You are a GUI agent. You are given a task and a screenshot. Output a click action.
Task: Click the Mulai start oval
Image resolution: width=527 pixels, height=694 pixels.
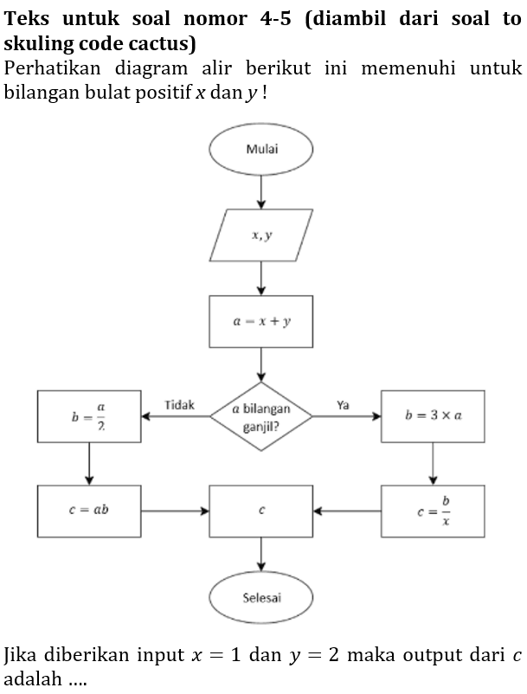coord(261,148)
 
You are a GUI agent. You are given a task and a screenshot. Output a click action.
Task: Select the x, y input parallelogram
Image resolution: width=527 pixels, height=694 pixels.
coord(261,235)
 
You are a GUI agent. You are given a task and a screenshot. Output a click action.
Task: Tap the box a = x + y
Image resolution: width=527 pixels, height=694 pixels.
coord(261,321)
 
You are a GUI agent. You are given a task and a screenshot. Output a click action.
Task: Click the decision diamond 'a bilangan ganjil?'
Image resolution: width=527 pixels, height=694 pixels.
coord(261,416)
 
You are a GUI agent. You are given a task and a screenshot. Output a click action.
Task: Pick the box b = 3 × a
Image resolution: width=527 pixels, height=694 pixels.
coord(433,416)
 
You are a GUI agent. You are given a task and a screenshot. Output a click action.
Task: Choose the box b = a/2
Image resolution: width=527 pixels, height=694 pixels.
coord(89,416)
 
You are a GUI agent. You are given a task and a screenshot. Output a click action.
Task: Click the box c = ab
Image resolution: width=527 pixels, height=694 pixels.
coord(89,511)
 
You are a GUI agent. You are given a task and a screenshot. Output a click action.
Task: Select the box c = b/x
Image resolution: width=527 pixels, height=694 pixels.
coord(433,511)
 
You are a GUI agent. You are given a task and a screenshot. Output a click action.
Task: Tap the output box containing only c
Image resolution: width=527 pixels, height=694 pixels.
coord(261,511)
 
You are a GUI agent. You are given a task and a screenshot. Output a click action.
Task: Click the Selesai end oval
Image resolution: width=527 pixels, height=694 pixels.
coord(261,597)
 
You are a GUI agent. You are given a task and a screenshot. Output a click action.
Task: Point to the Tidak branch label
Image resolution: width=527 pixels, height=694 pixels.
coord(179,405)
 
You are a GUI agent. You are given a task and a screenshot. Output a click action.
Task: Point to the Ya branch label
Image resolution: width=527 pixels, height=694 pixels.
coord(344,405)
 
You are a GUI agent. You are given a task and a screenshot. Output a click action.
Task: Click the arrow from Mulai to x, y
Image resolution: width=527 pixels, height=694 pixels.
coord(261,191)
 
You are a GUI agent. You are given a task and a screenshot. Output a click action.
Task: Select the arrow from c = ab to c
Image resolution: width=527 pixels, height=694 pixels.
coord(175,511)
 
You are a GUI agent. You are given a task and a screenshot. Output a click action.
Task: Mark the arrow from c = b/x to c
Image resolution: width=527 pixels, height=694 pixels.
coord(347,511)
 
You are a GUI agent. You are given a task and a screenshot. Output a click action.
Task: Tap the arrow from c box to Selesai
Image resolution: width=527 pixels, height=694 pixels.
coord(261,554)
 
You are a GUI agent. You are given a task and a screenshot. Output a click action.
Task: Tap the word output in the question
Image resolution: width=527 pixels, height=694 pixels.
coord(405,653)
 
